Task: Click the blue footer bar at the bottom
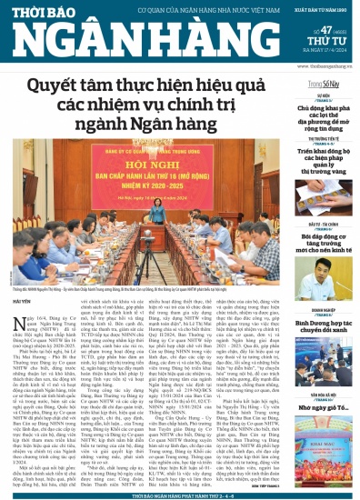pyautogui.click(x=180, y=494)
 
